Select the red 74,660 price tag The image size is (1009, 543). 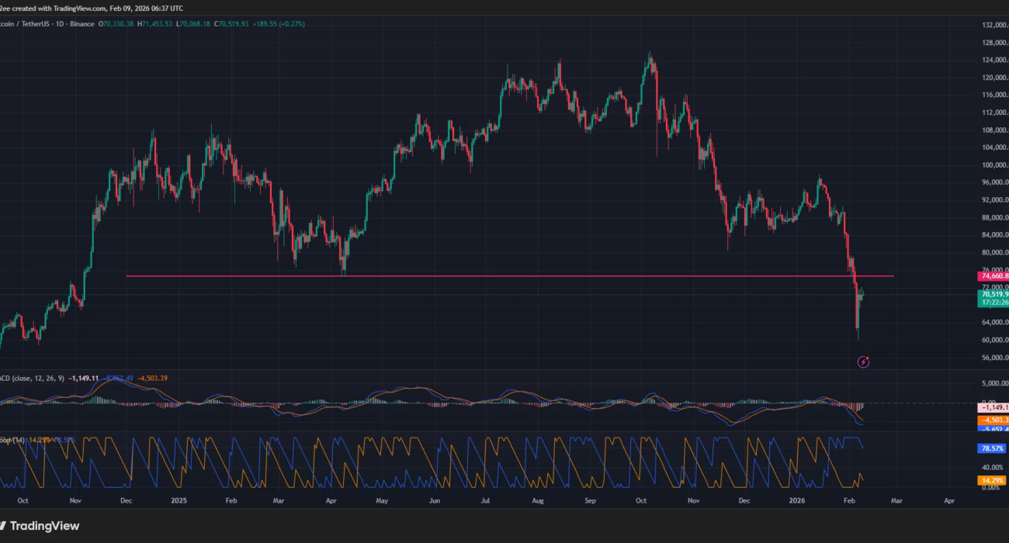(995, 276)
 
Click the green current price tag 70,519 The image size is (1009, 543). (995, 295)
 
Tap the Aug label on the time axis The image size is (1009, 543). (537, 501)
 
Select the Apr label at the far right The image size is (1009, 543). (948, 501)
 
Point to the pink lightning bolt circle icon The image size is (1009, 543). (863, 361)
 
